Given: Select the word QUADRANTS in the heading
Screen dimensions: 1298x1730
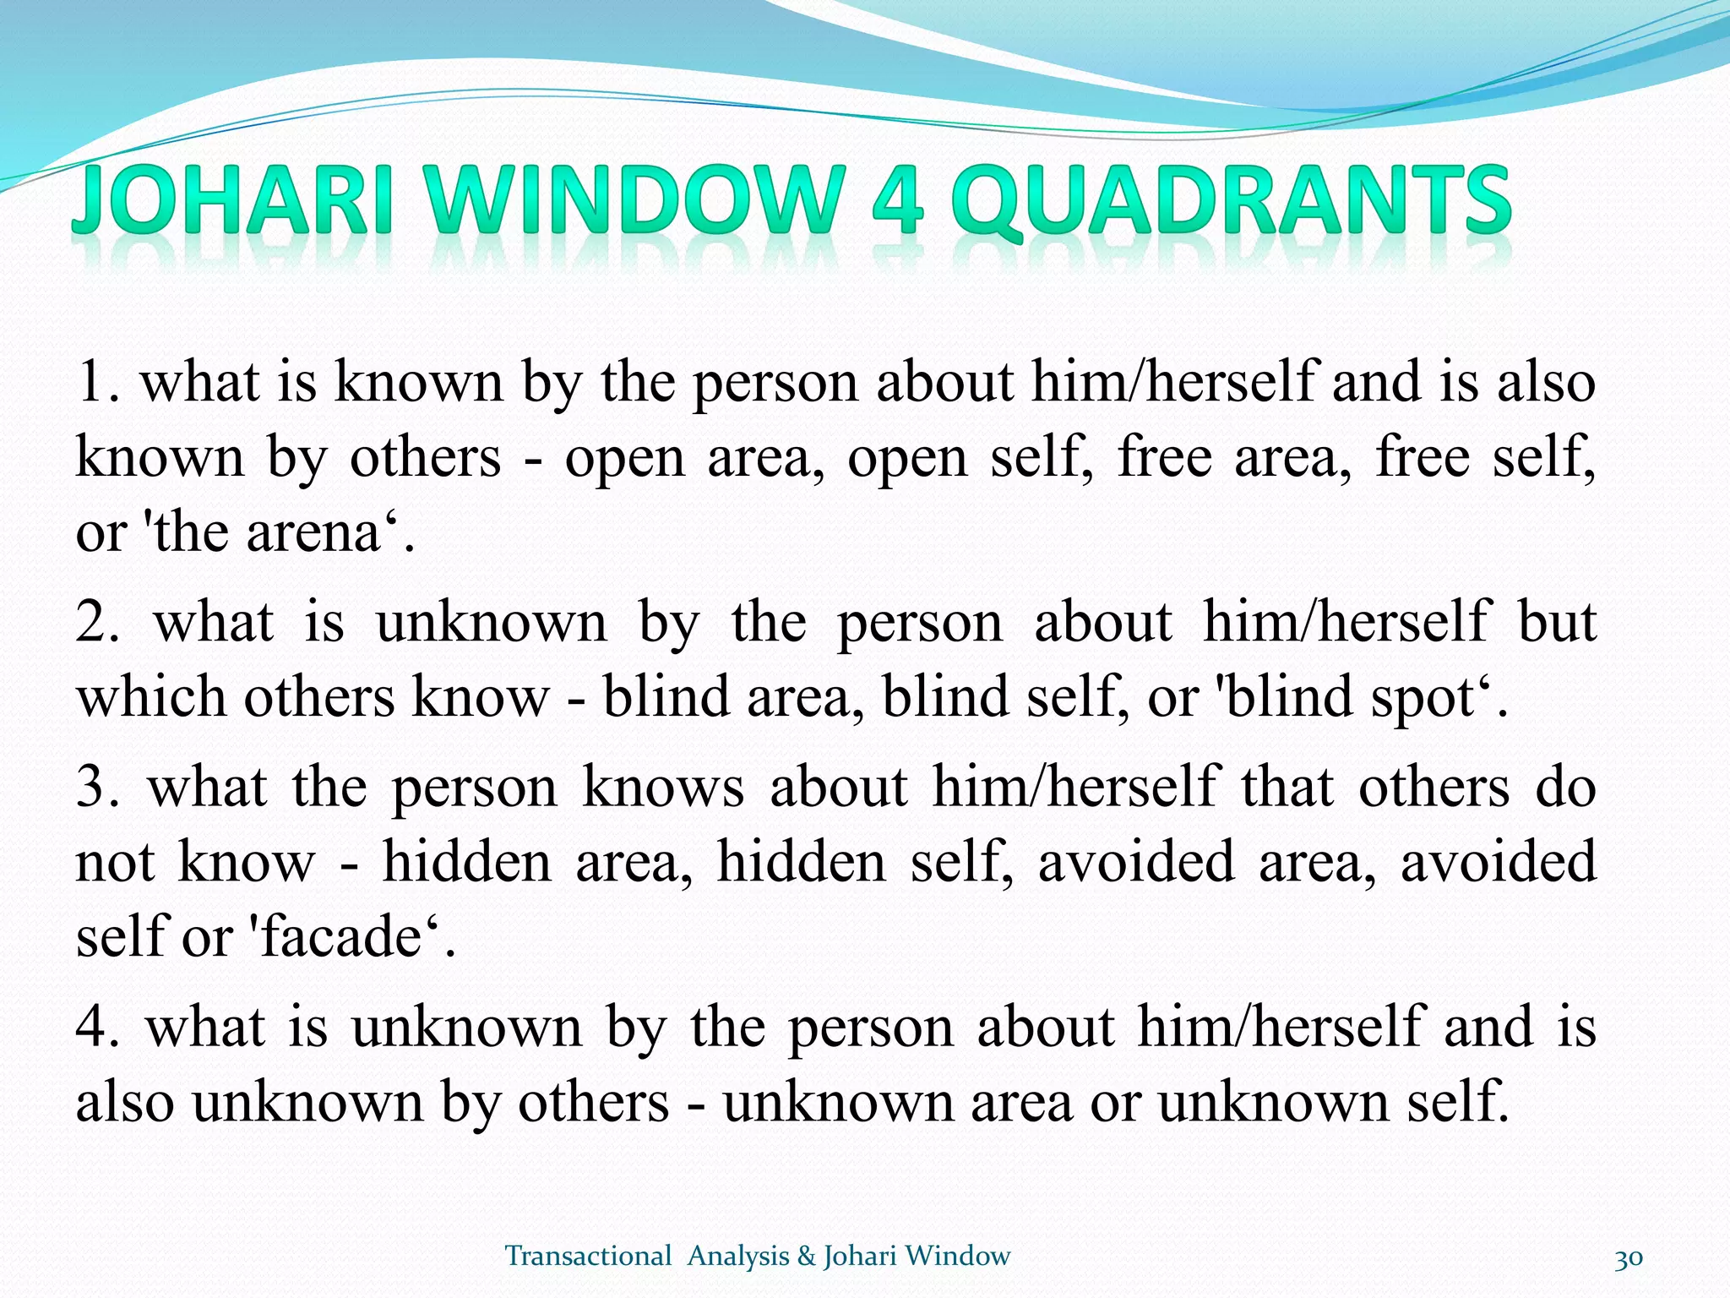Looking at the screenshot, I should point(1230,200).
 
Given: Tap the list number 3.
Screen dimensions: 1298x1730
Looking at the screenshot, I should point(96,787).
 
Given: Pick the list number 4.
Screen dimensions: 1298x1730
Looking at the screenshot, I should point(96,1027).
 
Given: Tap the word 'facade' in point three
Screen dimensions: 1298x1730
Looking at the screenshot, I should point(341,937).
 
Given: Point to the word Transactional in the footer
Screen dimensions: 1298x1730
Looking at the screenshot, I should point(588,1257).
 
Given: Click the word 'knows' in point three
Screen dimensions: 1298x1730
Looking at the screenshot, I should point(664,787).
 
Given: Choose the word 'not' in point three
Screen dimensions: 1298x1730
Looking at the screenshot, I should point(115,863).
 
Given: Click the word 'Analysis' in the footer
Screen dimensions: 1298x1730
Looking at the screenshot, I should point(738,1257).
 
